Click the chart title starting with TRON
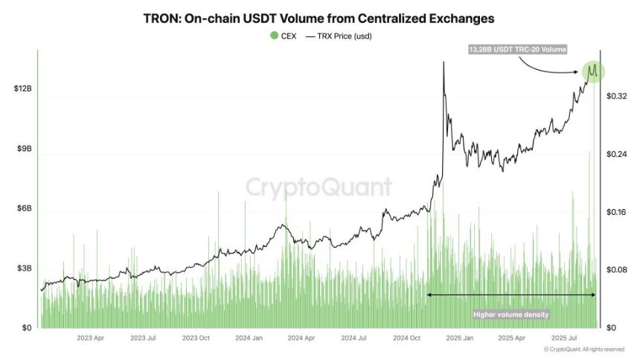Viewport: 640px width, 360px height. point(319,16)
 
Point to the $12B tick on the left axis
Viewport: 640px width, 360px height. point(22,89)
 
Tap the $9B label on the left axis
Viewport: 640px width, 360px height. point(24,149)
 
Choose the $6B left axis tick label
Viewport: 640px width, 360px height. point(24,208)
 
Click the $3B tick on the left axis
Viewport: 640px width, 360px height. point(24,268)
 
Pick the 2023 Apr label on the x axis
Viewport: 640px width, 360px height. point(91,338)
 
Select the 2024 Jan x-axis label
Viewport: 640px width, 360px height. point(249,338)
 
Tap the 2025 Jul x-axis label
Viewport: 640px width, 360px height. point(563,338)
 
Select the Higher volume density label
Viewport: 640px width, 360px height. point(511,315)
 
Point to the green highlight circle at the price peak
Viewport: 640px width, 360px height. point(593,71)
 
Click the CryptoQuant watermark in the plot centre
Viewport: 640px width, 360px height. point(319,186)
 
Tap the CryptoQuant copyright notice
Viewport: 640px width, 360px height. point(583,349)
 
